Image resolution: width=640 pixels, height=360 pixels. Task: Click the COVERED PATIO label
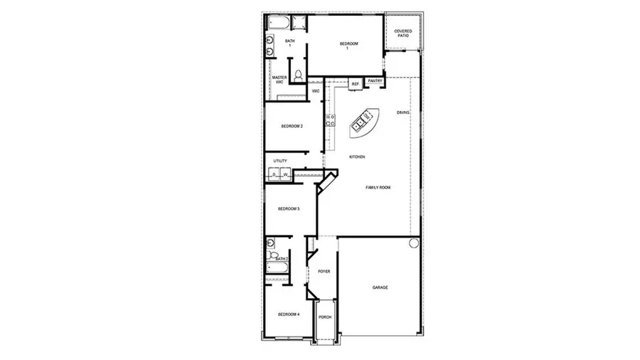click(403, 33)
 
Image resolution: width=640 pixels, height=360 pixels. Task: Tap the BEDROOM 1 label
click(347, 46)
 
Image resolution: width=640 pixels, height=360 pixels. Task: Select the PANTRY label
click(375, 81)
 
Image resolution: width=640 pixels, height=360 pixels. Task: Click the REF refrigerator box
click(355, 84)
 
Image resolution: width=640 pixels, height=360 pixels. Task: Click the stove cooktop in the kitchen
click(330, 120)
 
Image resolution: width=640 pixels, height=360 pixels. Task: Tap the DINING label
click(403, 112)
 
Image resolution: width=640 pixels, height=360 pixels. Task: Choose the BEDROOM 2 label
click(292, 126)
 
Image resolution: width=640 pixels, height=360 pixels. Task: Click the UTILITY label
click(280, 161)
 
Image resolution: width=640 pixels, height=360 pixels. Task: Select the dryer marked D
click(274, 174)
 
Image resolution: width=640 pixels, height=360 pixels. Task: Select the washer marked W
click(285, 174)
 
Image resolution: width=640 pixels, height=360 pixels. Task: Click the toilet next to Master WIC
click(299, 75)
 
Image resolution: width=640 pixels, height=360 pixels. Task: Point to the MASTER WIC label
click(279, 80)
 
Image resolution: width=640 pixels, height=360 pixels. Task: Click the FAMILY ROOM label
click(378, 187)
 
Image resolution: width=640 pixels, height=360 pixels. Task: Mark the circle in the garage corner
click(415, 243)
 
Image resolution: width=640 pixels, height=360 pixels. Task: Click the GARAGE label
click(380, 287)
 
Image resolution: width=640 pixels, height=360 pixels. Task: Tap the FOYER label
click(324, 271)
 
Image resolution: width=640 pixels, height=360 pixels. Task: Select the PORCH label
click(324, 317)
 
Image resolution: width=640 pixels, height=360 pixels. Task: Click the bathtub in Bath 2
click(278, 269)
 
